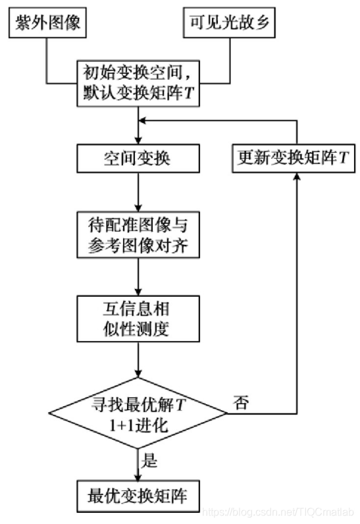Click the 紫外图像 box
tap(46, 24)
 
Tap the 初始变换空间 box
tap(138, 81)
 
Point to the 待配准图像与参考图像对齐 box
tap(138, 234)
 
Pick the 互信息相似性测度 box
tap(138, 318)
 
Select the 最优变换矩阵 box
tap(138, 496)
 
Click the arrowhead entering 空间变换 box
tap(138, 140)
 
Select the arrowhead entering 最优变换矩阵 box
tap(138, 478)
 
